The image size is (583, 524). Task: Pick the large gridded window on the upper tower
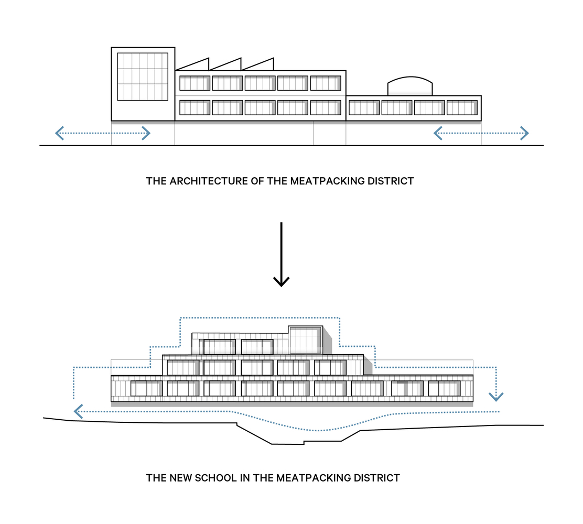point(143,77)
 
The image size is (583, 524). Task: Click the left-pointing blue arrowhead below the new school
point(78,411)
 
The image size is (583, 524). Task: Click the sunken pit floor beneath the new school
point(287,444)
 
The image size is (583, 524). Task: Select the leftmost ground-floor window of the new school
point(146,388)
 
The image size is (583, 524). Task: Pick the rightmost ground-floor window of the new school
point(444,388)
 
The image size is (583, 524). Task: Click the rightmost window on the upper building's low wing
point(462,107)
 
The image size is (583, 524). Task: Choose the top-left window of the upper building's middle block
point(195,83)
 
